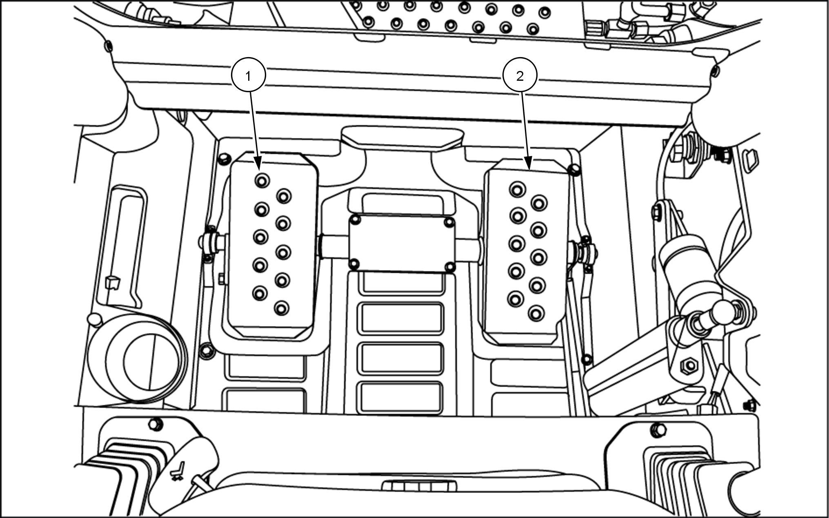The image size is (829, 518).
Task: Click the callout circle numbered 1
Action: (249, 75)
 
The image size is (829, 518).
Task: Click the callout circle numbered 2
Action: (520, 76)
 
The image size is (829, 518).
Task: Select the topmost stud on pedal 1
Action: (262, 180)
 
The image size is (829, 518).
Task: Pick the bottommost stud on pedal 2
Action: (536, 313)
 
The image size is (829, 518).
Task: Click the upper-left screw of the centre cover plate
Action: (356, 221)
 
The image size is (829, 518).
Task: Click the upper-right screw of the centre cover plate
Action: (449, 222)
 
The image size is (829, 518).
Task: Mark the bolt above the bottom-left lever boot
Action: (154, 424)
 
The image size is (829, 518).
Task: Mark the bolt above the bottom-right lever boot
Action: (658, 429)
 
